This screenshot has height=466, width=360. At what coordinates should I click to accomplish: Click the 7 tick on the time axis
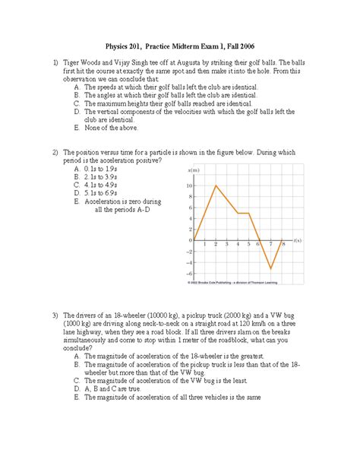270,245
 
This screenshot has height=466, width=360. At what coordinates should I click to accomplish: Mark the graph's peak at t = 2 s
216,185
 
